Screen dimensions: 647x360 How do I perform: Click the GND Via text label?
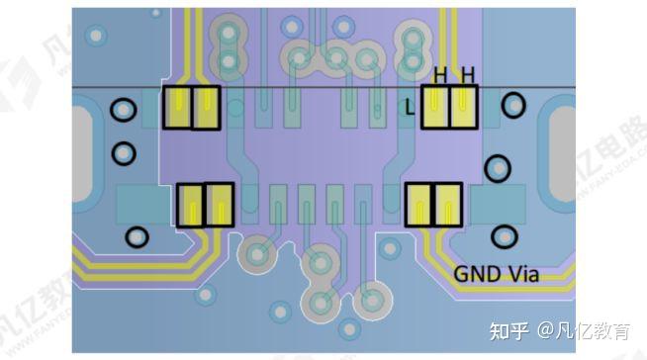(496, 274)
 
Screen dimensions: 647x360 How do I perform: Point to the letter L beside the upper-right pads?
(411, 110)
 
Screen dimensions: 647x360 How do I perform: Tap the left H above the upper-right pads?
(441, 74)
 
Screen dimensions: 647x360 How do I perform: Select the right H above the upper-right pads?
(467, 74)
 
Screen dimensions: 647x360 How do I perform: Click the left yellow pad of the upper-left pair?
(178, 108)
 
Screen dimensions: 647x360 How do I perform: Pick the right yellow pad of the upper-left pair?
(206, 108)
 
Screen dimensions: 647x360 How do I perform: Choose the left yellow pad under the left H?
(435, 107)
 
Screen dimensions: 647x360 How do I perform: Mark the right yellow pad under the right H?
(463, 107)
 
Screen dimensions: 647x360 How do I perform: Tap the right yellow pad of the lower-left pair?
(218, 205)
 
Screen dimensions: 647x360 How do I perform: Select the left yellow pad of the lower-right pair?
(420, 205)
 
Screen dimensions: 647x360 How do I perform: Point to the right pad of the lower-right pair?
(448, 205)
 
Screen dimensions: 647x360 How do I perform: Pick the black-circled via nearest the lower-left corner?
(139, 237)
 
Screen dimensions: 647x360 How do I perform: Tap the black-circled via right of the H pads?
(514, 105)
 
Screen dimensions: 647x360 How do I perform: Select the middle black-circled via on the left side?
(124, 153)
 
